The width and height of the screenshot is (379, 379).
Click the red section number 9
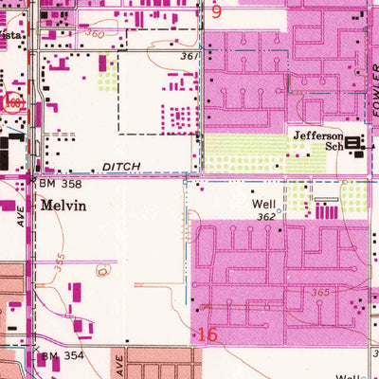[216, 12]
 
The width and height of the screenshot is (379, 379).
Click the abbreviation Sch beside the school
[333, 149]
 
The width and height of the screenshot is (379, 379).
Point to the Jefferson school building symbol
[356, 145]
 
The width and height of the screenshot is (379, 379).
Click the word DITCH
[120, 166]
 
